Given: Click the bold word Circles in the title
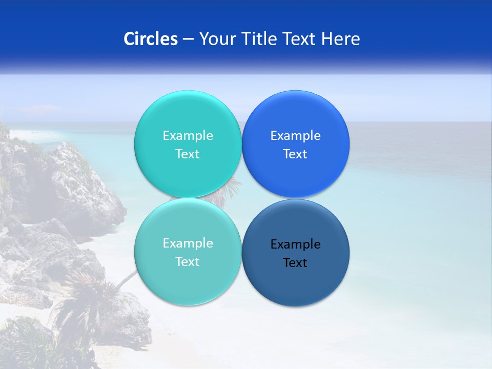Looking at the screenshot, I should click(150, 39).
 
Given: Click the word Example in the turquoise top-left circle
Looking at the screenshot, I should click(188, 136).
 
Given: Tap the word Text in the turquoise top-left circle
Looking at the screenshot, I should click(188, 154).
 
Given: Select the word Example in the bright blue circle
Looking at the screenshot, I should click(295, 136).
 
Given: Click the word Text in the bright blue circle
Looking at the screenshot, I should click(295, 154).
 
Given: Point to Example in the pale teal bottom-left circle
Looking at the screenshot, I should click(188, 243).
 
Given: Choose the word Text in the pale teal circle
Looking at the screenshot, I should click(188, 262).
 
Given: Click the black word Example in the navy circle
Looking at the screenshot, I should click(295, 244).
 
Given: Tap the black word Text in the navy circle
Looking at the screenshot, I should click(295, 263).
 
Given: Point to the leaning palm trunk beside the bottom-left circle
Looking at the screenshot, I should click(126, 279).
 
